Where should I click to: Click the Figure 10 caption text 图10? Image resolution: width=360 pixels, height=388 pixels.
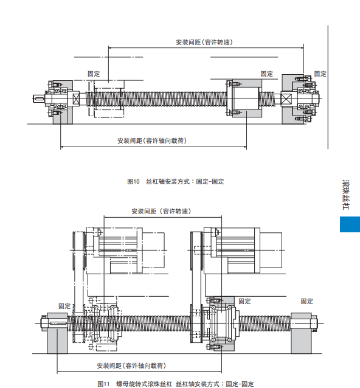click(133, 182)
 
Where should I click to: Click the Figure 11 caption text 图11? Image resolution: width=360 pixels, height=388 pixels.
click(103, 384)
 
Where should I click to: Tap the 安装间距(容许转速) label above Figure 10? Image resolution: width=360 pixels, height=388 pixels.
click(204, 42)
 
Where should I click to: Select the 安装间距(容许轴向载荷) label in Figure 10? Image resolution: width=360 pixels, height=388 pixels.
click(152, 140)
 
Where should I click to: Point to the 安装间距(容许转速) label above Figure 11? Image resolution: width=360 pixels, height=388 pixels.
click(161, 211)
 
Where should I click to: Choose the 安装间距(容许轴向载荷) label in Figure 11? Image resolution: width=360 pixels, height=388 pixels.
click(131, 365)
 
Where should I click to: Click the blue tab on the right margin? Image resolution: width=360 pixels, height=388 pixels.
click(350, 224)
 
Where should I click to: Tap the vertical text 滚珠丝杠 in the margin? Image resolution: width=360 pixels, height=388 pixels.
click(346, 195)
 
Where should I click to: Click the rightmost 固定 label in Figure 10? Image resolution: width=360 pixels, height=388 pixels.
click(320, 74)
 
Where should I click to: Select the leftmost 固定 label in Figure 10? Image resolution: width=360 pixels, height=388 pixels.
click(94, 74)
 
